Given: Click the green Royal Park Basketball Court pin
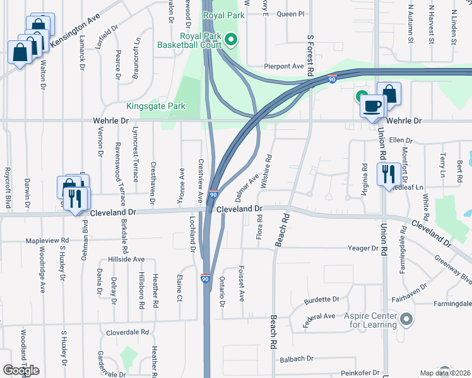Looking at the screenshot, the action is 231,41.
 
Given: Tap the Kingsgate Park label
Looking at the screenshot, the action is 156,106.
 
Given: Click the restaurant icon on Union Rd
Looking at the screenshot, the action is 388,173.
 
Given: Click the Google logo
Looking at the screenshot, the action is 21,370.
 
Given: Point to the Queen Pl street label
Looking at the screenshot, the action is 290,13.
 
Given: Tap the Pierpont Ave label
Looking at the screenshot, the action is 284,66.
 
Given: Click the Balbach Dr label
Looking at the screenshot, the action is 296,358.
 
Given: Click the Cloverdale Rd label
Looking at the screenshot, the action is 127,332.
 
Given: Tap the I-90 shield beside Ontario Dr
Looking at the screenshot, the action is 205,278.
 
